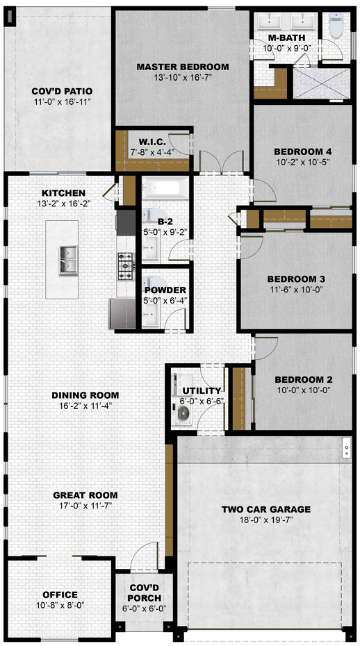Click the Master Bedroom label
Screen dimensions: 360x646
click(x=183, y=67)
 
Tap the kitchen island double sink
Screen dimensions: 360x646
click(x=68, y=260)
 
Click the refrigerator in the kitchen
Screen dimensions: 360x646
click(x=122, y=313)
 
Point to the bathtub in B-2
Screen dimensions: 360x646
click(x=165, y=188)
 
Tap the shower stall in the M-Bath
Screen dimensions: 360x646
click(x=322, y=83)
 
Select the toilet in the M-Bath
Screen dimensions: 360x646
click(x=336, y=26)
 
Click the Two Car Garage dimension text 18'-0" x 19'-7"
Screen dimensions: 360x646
click(x=266, y=520)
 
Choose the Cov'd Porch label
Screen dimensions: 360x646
click(x=145, y=593)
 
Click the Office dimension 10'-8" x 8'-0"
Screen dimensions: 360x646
click(x=60, y=605)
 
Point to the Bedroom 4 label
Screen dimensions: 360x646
click(x=303, y=151)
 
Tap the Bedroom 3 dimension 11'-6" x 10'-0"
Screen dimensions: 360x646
click(x=295, y=289)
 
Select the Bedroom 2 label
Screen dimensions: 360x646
click(x=304, y=379)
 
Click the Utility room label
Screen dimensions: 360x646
click(x=202, y=390)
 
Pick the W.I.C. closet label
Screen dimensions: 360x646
click(x=152, y=142)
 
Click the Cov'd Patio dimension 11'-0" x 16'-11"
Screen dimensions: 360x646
click(x=63, y=101)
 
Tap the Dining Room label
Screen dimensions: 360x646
click(x=85, y=395)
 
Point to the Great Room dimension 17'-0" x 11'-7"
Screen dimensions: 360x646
click(x=85, y=505)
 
